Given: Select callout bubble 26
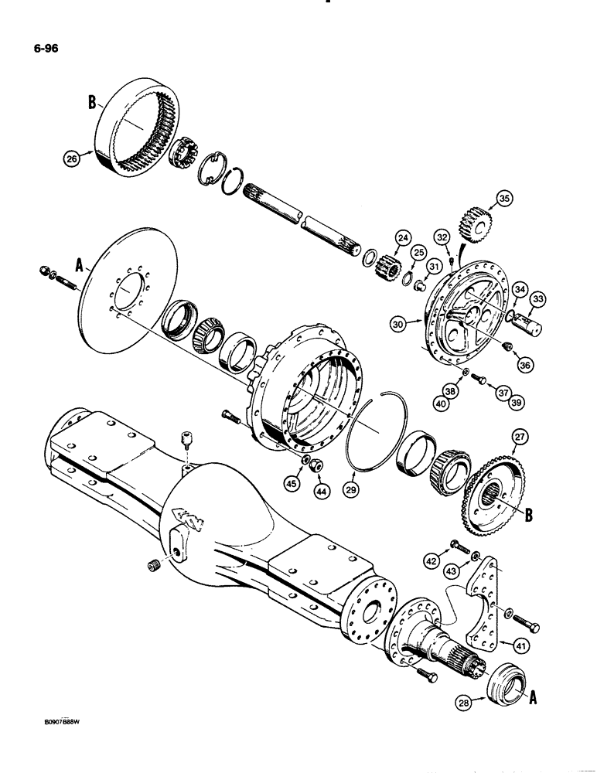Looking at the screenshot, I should click(x=73, y=160).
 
